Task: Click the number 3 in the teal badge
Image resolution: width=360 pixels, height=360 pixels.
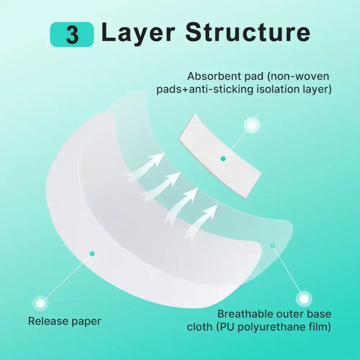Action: (72, 35)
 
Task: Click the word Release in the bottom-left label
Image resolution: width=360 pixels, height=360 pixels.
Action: (48, 321)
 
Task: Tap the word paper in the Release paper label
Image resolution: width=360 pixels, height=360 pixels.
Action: (86, 322)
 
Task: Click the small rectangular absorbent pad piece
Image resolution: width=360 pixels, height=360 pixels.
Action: (220, 156)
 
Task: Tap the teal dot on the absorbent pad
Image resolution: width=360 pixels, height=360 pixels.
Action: (223, 158)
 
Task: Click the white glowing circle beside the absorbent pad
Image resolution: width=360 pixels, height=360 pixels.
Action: (252, 125)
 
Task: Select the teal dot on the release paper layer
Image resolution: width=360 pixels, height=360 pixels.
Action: (92, 254)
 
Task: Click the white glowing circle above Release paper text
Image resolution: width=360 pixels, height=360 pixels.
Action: (41, 303)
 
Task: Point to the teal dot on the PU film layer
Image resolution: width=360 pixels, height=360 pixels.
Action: (273, 246)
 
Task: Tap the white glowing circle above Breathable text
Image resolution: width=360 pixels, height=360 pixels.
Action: (304, 299)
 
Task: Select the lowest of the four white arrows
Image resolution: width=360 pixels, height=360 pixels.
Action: (201, 222)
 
